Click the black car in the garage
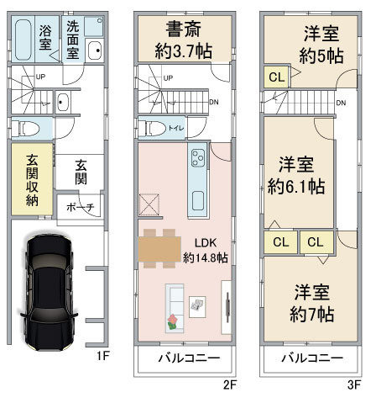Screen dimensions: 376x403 tap(49, 292)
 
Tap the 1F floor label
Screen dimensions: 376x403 tap(102, 356)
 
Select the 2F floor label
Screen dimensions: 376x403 tap(230, 384)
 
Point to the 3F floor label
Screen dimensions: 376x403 tap(354, 384)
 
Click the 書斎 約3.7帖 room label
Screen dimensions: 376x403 tap(184, 40)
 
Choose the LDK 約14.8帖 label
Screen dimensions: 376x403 tap(206, 250)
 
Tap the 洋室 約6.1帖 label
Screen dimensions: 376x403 tap(296, 176)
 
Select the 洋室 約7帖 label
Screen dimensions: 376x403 tap(311, 303)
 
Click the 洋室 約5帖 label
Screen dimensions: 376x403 tap(321, 45)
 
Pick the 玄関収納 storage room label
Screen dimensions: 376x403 tap(32, 180)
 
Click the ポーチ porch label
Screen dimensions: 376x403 tap(81, 208)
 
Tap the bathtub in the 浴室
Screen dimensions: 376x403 tap(23, 40)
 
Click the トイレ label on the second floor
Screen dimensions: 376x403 tap(176, 128)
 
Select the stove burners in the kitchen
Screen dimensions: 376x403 tap(198, 158)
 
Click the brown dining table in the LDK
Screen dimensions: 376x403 tap(159, 249)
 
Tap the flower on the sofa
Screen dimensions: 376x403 tap(173, 321)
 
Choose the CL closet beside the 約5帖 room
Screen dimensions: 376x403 tap(276, 77)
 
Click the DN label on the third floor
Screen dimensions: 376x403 tap(341, 103)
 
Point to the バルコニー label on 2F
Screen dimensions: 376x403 tap(189, 358)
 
